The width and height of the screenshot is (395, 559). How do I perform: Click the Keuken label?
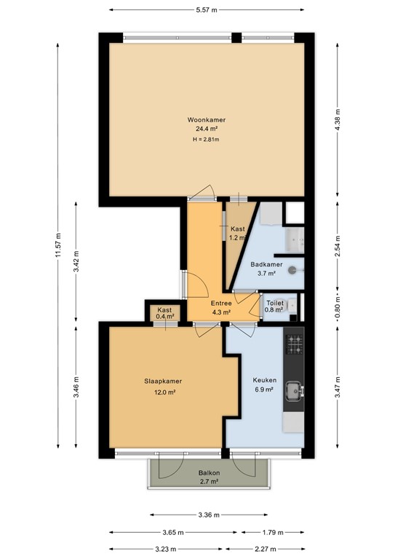[x=263, y=379]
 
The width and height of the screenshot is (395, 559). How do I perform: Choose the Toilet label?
[x=274, y=302]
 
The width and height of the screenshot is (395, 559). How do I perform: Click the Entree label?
[x=221, y=303]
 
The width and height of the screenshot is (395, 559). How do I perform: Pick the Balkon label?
[x=209, y=472]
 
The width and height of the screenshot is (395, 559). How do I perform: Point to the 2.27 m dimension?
[x=265, y=549]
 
